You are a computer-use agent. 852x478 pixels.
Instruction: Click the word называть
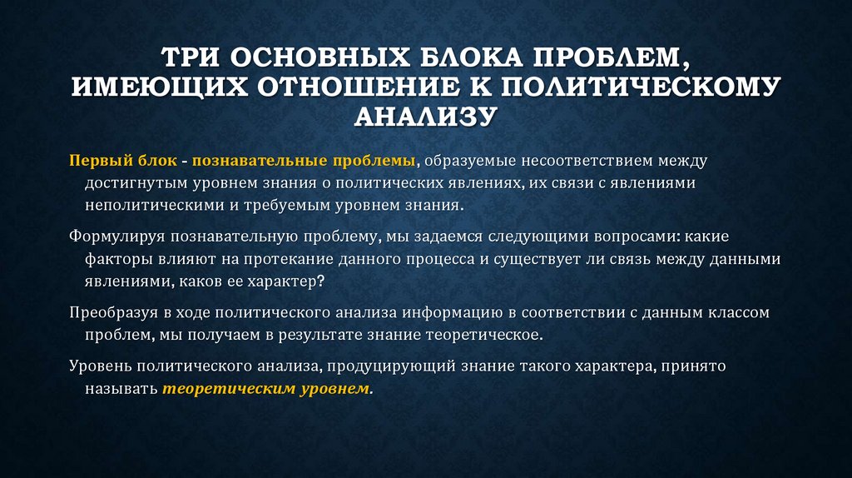click(x=119, y=389)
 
